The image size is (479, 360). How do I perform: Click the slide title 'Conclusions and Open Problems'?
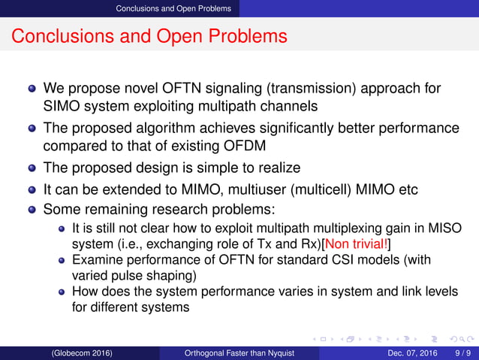click(x=150, y=36)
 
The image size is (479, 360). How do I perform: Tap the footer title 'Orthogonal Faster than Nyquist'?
click(x=252, y=352)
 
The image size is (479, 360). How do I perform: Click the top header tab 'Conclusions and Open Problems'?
click(x=179, y=8)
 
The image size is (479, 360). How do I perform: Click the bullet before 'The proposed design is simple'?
click(x=32, y=168)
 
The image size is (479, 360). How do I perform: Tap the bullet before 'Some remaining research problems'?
click(x=32, y=207)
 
